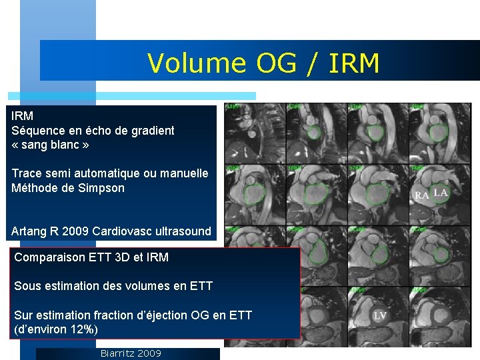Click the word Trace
pos(27,173)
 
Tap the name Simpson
pos(101,188)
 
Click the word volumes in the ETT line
pos(143,286)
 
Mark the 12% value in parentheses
pos(83,329)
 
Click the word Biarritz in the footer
pos(117,353)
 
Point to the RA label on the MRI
pos(422,195)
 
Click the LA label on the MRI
pos(441,193)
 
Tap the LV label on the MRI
pos(380,315)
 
